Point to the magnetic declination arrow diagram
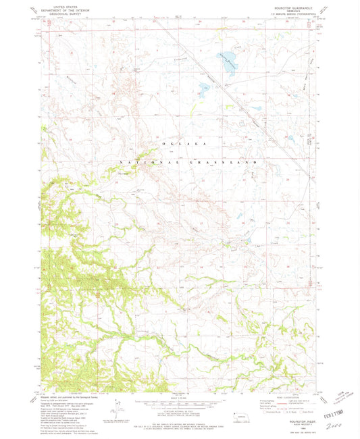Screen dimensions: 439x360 tap(120, 407)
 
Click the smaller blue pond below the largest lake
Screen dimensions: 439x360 tap(203, 86)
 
